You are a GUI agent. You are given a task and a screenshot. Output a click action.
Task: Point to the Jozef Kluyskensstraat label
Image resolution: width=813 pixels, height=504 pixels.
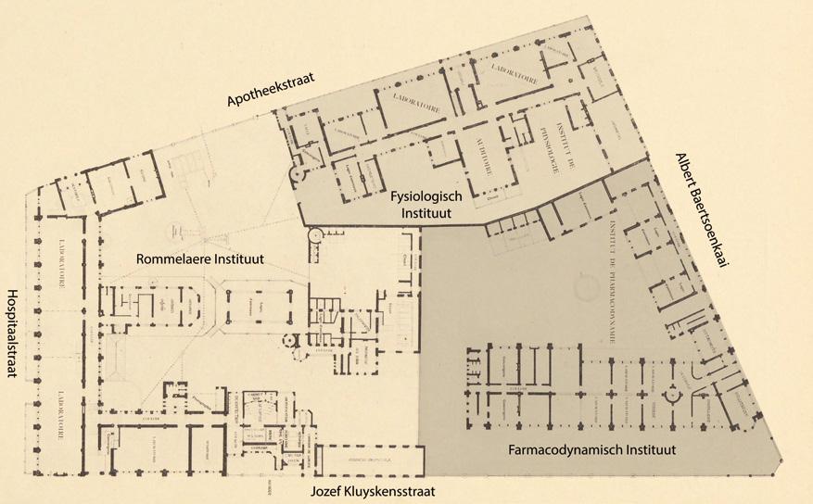pos(372,491)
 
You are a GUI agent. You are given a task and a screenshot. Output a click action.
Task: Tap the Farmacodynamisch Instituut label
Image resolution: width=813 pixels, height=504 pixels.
pos(591,450)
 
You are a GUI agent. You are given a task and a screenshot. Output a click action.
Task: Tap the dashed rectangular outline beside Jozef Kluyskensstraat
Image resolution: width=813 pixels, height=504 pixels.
pos(371,460)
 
